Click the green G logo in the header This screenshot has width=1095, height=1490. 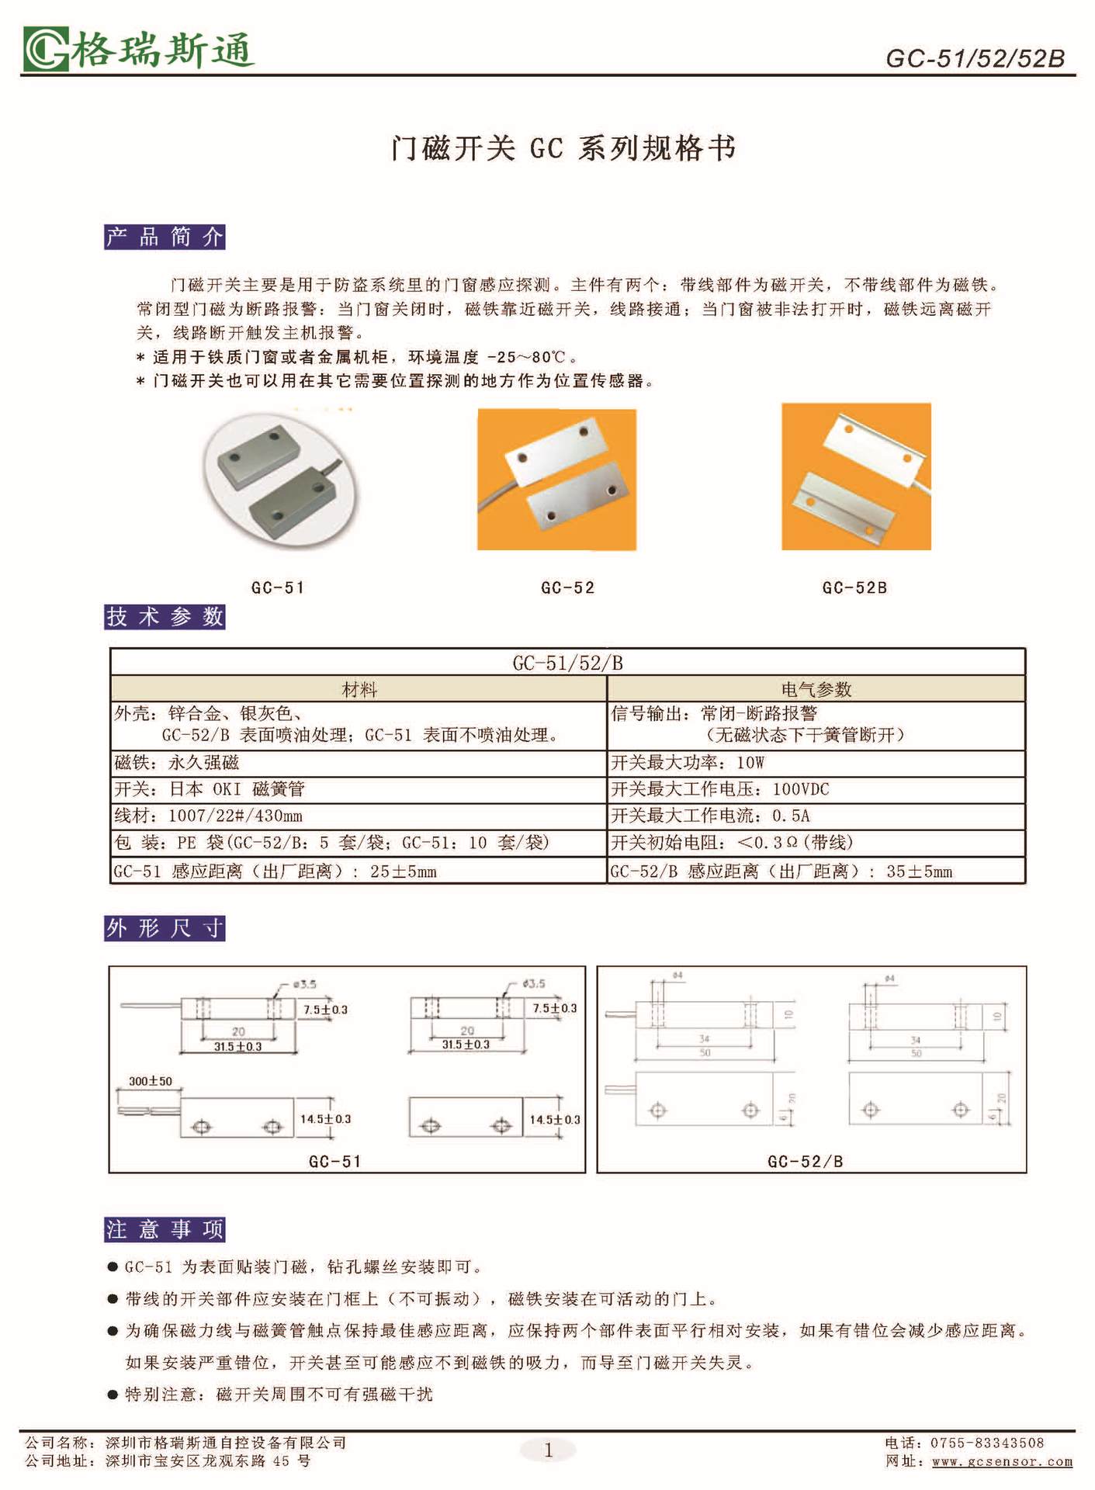pos(45,50)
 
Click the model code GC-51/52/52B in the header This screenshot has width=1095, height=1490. pos(975,58)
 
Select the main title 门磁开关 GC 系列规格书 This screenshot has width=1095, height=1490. pos(563,147)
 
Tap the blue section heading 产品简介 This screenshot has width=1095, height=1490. pos(165,237)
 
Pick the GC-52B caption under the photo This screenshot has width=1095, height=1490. pos(854,588)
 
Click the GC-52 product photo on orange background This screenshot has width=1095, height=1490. pos(556,480)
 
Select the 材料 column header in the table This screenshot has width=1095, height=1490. pos(359,689)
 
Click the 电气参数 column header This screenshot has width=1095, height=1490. pos(816,689)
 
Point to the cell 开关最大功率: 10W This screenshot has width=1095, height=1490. pos(688,763)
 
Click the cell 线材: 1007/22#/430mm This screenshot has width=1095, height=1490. pos(208,816)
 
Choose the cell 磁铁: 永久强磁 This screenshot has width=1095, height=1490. pos(177,763)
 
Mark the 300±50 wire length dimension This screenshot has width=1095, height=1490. pos(151,1081)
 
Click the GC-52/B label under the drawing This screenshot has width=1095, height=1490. pos(805,1162)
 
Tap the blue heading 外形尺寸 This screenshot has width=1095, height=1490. pos(165,928)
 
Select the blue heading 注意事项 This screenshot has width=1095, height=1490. pos(165,1229)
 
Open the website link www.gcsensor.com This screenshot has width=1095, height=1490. pos(1002,1462)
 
